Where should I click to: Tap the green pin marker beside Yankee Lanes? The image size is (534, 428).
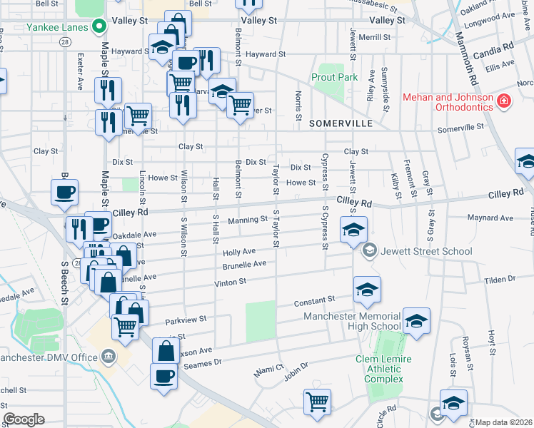(100, 28)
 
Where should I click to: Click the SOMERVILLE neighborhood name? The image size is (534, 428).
(341, 123)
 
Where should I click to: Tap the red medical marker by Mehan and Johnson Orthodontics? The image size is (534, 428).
(505, 102)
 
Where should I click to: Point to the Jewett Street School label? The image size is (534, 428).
(426, 250)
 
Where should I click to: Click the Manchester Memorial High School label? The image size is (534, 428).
(353, 321)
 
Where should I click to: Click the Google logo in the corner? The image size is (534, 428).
(24, 419)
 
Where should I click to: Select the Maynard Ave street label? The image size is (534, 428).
(490, 218)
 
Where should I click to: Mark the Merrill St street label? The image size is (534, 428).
(376, 36)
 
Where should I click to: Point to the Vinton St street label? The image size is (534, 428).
(230, 282)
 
